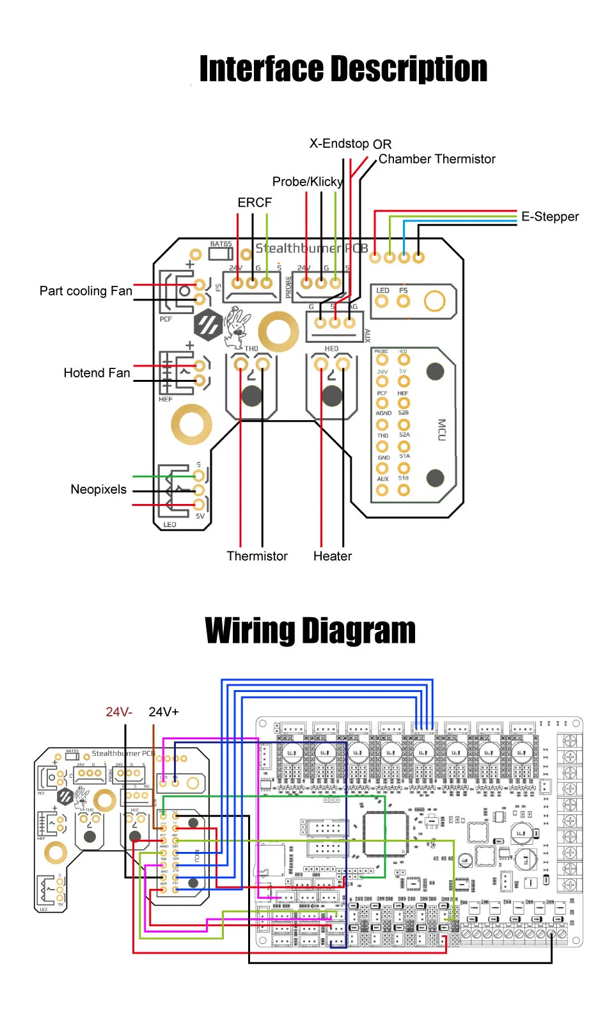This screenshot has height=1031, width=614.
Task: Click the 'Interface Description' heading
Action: (343, 69)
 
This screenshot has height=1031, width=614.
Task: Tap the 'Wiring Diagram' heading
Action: (310, 631)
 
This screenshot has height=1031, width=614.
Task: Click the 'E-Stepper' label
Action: (549, 217)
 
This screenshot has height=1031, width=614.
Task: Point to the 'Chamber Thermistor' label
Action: (437, 159)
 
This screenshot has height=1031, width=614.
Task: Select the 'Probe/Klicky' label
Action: (308, 182)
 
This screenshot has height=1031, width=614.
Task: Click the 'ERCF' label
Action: (255, 203)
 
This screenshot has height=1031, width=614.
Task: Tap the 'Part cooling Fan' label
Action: (86, 291)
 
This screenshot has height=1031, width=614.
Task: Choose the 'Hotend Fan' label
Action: (97, 373)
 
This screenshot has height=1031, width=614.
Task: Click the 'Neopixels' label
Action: (98, 489)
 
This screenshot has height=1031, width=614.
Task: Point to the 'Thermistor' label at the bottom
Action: (257, 556)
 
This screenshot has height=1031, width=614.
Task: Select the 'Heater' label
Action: (333, 556)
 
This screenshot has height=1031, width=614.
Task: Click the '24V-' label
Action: (119, 712)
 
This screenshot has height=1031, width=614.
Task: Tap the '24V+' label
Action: (164, 712)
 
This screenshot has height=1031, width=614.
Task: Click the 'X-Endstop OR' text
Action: (350, 144)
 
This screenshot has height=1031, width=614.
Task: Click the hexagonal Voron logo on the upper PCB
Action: (208, 325)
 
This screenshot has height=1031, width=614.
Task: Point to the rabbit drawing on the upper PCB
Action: (236, 325)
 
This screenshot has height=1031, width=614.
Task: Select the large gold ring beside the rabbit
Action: (278, 332)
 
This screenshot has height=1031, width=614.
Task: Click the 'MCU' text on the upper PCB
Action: (441, 430)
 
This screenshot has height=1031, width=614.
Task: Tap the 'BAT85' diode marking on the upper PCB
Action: (221, 244)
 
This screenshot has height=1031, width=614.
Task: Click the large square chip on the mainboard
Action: (386, 833)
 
